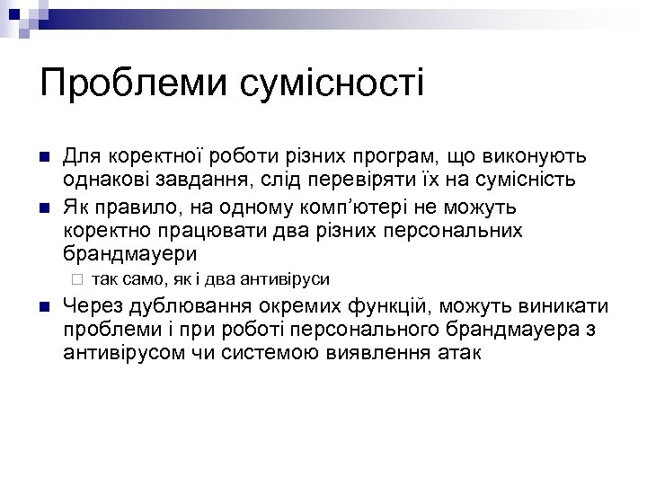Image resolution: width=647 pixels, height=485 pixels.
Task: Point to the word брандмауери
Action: (x=130, y=253)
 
